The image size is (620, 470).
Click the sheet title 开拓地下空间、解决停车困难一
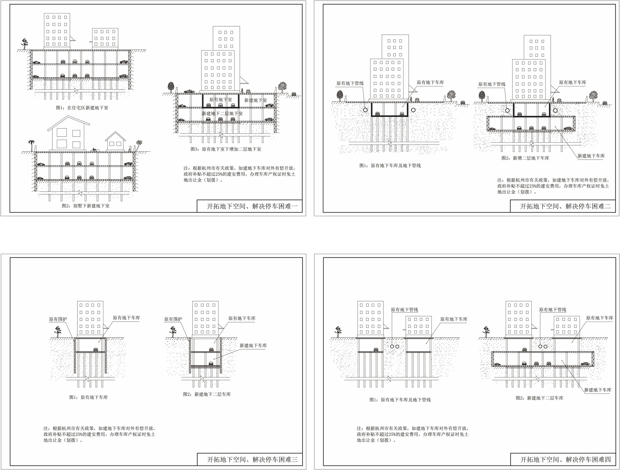252,206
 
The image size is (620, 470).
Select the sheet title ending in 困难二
565,206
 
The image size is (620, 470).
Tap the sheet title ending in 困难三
252,460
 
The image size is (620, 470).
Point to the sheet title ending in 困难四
566,460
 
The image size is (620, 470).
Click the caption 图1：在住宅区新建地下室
82,108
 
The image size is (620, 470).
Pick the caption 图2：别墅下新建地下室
86,206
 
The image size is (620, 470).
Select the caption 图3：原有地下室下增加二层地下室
226,149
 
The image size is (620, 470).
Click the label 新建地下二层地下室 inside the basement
222,113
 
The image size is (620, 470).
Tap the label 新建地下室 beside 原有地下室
255,100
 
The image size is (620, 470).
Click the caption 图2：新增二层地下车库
525,158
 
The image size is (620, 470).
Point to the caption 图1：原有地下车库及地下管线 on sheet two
390,166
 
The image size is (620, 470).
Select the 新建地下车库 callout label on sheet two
591,156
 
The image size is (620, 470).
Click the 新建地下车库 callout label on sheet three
253,346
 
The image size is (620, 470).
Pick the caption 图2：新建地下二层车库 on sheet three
207,394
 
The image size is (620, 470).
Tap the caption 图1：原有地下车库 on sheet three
89,397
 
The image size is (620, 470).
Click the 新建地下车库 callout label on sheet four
598,390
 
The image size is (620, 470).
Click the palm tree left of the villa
31,146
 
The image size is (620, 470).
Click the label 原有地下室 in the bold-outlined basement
221,100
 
